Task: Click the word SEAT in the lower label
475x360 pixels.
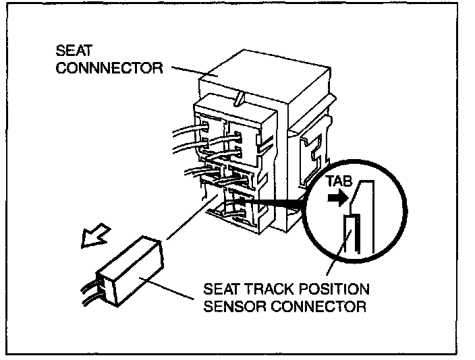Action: point(219,291)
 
